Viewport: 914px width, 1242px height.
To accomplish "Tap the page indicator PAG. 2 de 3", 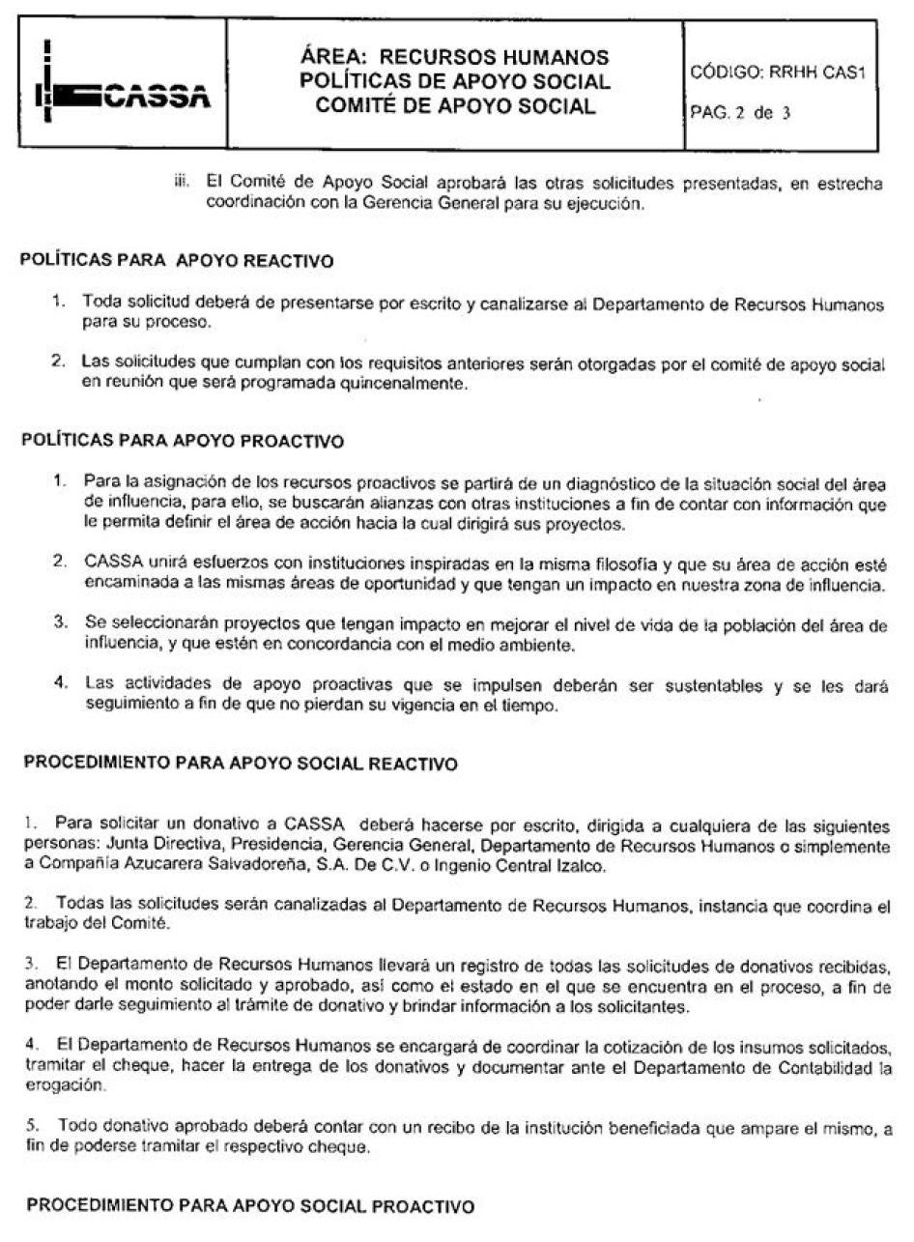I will (x=741, y=112).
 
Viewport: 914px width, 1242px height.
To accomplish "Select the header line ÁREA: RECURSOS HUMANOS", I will (x=454, y=57).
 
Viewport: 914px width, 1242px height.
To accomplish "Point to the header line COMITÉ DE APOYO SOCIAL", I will (x=454, y=106).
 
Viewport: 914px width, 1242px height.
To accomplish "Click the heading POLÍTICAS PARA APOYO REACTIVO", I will (x=178, y=262).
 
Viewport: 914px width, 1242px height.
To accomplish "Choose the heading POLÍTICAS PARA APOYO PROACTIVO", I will (x=183, y=442).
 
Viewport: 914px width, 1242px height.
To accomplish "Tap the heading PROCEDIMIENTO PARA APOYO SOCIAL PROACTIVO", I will (x=250, y=1206).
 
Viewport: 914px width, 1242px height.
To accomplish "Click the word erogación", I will (x=55, y=1069).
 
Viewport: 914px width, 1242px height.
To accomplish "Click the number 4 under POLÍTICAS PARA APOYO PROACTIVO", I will (x=60, y=681).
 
